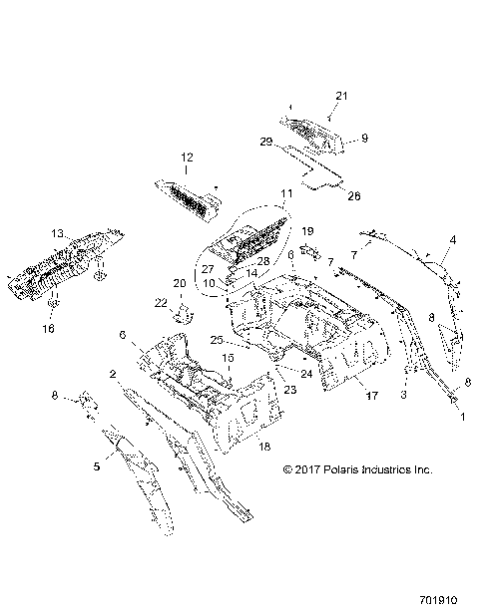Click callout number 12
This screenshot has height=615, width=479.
(186, 156)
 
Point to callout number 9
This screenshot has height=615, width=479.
(365, 138)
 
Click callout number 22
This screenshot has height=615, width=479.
(162, 303)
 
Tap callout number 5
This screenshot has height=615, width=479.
(97, 464)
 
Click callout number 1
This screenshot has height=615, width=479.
(460, 420)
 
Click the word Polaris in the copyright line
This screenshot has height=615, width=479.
(346, 468)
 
